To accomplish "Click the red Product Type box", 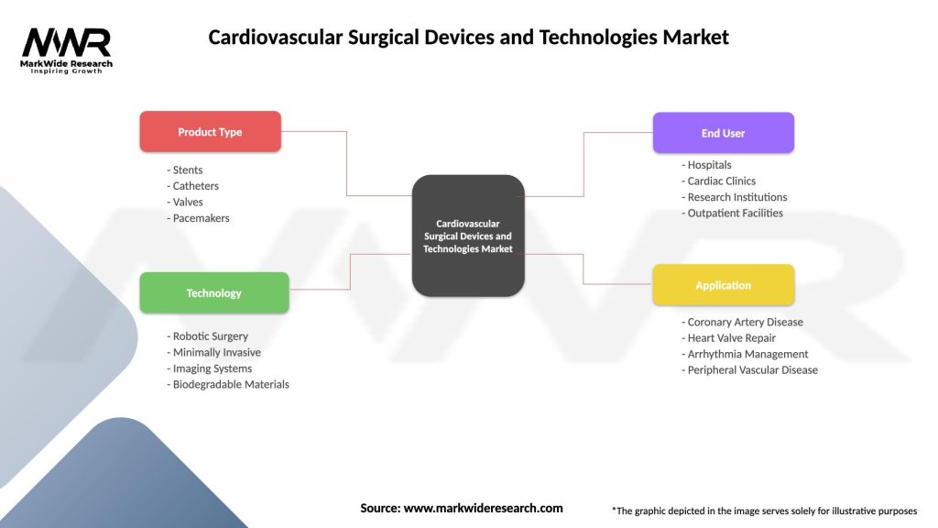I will coord(210,132).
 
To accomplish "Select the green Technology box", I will coord(213,293).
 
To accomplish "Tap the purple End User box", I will coord(723,133).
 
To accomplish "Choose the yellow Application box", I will coord(723,285).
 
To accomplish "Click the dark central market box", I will coord(468,236).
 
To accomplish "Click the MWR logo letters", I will coord(67,42).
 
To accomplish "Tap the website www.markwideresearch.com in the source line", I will coord(483,508).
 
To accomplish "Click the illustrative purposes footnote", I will coord(764,511).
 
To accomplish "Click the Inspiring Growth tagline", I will coord(67,71).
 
